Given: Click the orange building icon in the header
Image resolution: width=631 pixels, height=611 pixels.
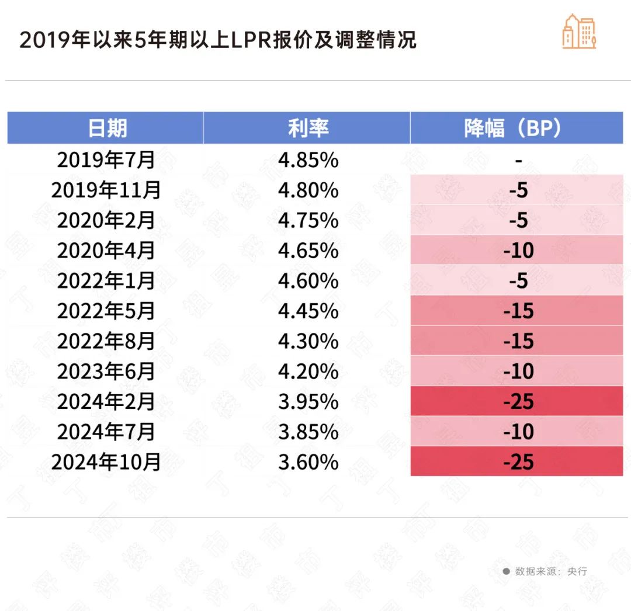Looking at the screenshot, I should point(579,32).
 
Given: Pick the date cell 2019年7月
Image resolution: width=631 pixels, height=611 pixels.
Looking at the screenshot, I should point(106,160).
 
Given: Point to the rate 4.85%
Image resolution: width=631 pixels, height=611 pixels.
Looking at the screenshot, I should point(308,160).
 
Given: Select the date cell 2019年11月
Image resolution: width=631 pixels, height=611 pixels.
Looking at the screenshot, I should point(106,190).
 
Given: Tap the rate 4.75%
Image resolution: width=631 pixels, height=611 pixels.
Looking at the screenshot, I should point(308,221).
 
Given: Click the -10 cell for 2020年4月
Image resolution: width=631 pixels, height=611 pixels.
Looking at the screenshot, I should point(518,251).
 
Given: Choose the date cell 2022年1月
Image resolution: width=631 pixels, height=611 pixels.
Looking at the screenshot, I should point(106,281).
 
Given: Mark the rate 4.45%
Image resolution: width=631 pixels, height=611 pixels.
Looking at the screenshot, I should point(308,311).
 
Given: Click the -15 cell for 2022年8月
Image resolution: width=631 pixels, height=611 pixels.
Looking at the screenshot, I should point(518,341).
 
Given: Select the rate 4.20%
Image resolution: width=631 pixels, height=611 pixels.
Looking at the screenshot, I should point(308,372).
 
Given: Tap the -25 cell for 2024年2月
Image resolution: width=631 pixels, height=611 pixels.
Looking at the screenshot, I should point(518,402).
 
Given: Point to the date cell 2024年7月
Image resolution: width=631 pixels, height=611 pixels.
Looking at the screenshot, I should point(106,432).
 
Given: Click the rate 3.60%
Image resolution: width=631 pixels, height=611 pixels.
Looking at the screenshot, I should point(308,462).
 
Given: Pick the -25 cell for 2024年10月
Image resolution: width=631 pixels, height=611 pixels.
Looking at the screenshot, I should point(518,462).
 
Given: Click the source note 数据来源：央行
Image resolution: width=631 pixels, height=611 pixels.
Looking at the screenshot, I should point(550,571).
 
